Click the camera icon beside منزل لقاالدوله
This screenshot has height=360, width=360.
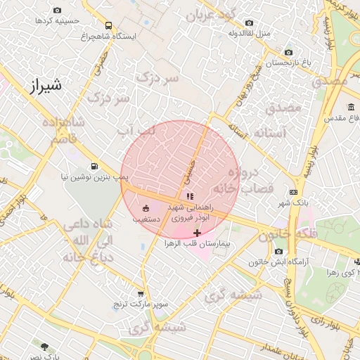point(249,23)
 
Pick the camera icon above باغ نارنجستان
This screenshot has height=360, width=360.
point(288,52)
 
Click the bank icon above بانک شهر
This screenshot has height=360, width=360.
point(293,192)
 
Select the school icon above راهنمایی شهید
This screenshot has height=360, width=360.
point(189,196)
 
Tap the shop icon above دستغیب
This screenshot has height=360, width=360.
point(146,208)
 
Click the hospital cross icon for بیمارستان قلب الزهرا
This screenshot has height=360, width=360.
point(197,232)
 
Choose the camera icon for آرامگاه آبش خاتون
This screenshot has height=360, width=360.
point(279,252)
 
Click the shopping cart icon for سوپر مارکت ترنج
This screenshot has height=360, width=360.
point(141,295)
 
